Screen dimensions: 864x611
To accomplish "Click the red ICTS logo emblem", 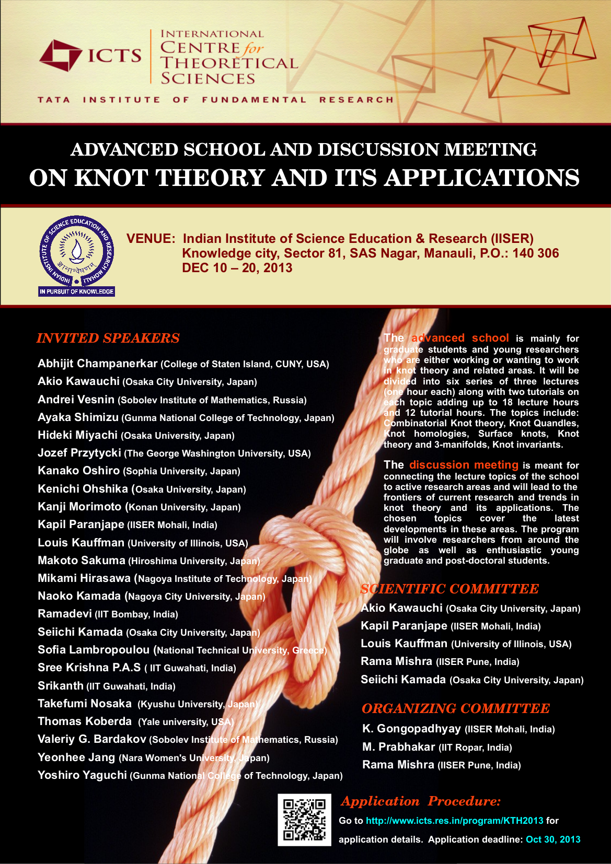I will point(60,55).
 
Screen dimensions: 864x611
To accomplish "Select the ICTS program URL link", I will point(454,821).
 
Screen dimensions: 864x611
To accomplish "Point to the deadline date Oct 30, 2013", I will point(553,839).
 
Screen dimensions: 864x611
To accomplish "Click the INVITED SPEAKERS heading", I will point(108,338).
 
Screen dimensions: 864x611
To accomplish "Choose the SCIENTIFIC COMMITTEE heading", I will point(449,589).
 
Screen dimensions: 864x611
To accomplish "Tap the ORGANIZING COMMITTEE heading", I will point(455,708).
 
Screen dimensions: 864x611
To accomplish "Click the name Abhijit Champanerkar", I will point(98,364).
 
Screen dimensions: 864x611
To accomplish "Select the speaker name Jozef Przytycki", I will point(79,453).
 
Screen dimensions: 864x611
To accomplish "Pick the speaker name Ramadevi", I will point(65,614).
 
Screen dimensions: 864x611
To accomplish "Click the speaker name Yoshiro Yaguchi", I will point(82,775).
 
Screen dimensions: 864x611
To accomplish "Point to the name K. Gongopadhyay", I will point(411,729).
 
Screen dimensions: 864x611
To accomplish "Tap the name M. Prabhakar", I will point(399,747).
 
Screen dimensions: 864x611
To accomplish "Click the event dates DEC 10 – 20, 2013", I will point(237,268).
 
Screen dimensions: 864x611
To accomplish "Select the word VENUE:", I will point(151,239).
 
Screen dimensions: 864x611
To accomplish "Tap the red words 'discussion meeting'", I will point(464,465).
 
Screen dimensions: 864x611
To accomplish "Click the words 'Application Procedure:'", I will point(421,801).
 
